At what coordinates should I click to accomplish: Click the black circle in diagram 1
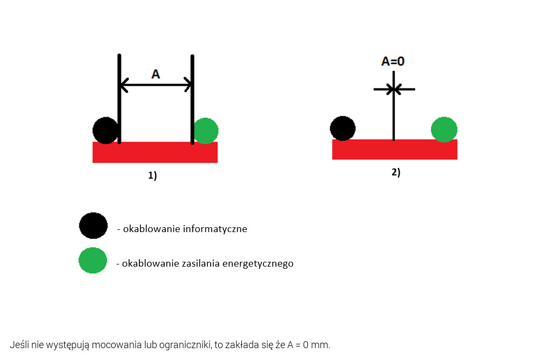(106, 131)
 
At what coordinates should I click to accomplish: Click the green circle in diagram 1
(206, 131)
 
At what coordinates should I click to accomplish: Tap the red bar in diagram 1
(155, 152)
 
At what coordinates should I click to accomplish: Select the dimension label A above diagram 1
(156, 74)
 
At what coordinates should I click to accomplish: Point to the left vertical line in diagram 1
(119, 99)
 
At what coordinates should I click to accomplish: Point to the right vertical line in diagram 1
(192, 99)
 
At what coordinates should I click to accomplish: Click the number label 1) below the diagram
(153, 175)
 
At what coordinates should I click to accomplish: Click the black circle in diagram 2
(343, 128)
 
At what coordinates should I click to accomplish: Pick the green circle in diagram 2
(444, 130)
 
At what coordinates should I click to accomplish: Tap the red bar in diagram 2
(395, 150)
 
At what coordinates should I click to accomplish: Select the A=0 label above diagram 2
(393, 62)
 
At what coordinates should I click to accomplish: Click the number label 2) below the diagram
(396, 172)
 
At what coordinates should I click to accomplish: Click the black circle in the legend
(93, 226)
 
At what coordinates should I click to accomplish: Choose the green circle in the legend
(93, 261)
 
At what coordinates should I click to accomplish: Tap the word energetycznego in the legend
(258, 263)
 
